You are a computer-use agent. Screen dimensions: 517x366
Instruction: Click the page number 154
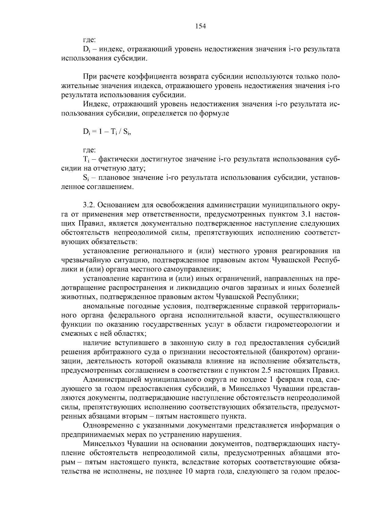[201, 26]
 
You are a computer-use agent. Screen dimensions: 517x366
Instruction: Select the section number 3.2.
[88, 205]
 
